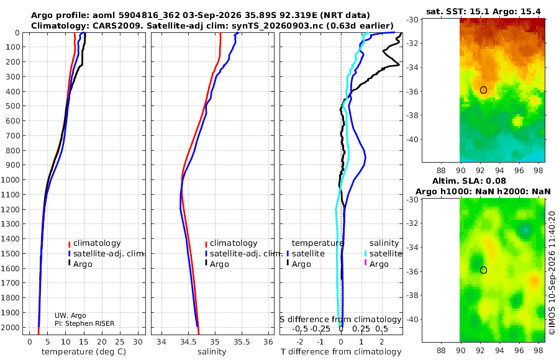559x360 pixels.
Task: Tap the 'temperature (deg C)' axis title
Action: coord(84,352)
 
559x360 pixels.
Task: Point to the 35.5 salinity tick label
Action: coord(242,342)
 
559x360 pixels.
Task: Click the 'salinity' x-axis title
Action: coord(212,352)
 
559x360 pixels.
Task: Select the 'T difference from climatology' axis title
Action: coord(341,352)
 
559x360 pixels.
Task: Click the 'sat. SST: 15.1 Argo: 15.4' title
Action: coord(483,11)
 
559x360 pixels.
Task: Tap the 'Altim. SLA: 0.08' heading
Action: coord(469,181)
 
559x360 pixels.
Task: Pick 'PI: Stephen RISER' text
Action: coord(84,323)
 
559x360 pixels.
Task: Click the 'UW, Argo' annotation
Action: coord(70,315)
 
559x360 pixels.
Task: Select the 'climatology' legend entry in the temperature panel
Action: coord(94,243)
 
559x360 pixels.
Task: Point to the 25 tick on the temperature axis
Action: coord(120,342)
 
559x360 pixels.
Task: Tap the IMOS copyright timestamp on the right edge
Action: coord(552,273)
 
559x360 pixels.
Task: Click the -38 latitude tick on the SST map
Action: coord(412,115)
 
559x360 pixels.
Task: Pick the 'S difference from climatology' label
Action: coord(340,319)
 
